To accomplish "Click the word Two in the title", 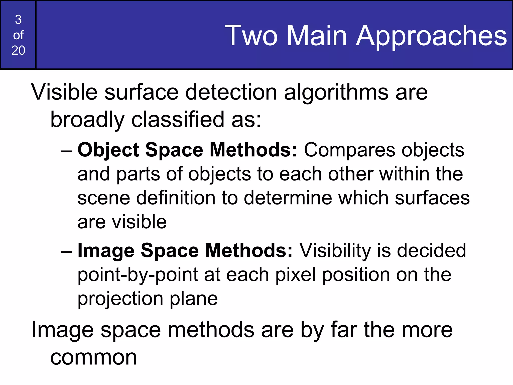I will point(251,36).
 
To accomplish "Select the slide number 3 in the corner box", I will point(18,20).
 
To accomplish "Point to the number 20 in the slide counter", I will point(18,50).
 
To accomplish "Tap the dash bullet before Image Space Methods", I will point(67,251).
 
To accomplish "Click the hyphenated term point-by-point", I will point(138,275).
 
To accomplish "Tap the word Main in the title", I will point(317,36).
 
